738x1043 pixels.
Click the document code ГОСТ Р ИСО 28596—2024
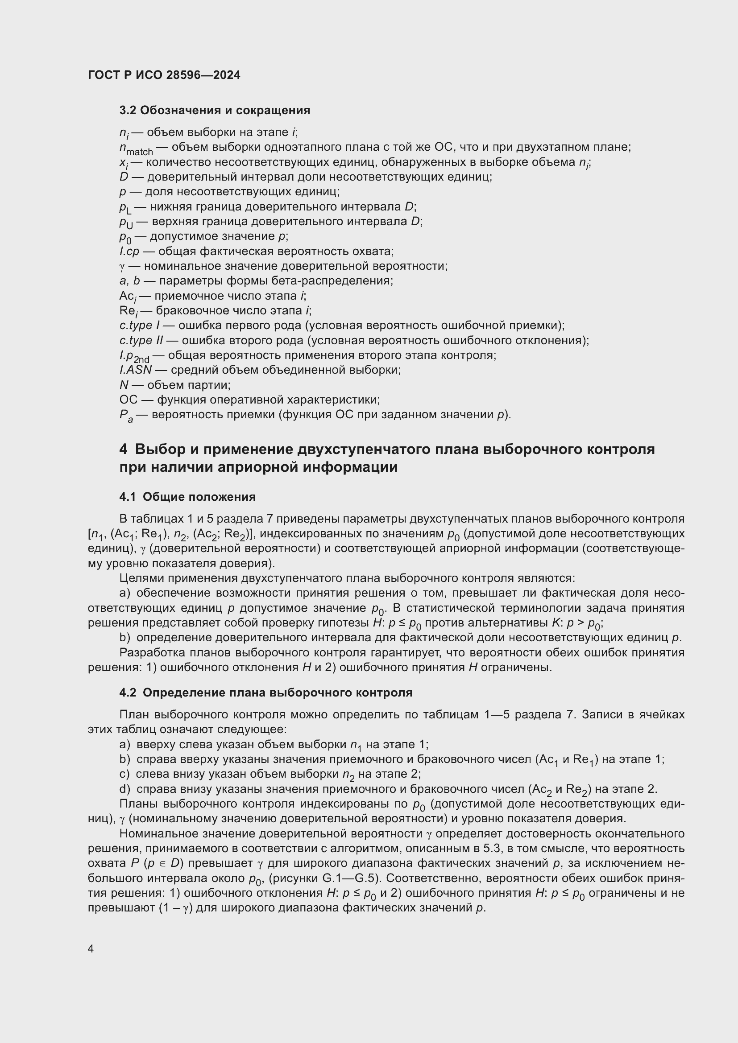[164, 75]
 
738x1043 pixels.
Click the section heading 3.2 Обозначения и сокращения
[215, 111]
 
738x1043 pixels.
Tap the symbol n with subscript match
[136, 148]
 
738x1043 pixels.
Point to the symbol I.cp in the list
[129, 251]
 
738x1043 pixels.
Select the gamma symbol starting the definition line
[122, 267]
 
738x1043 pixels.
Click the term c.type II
[141, 340]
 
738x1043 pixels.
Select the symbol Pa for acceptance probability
[126, 416]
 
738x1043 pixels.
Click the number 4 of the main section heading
[124, 449]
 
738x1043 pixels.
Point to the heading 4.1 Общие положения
[187, 497]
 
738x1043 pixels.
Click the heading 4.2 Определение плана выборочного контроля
[266, 693]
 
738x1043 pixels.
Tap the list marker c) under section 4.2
[124, 774]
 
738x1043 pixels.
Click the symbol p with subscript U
[126, 223]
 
